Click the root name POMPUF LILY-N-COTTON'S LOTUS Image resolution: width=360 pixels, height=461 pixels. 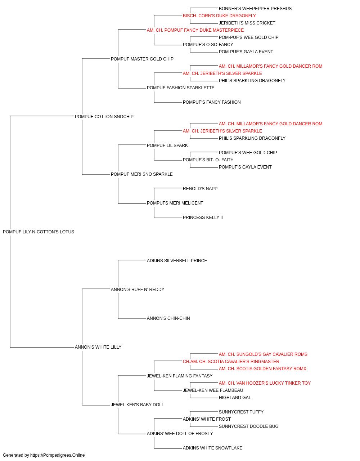(39, 232)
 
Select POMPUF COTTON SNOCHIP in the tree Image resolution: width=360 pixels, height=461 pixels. (104, 117)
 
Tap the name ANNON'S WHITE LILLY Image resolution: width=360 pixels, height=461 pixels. (98, 347)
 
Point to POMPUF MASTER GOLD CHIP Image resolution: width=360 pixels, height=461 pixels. (142, 59)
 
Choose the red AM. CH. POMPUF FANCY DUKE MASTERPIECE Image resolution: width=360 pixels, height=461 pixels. (195, 30)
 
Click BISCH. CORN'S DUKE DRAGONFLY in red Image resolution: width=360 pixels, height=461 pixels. (219, 16)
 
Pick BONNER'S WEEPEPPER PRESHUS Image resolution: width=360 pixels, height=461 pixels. (255, 9)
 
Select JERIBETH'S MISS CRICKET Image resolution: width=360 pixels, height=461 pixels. (247, 23)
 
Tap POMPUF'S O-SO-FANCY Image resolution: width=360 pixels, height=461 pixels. (208, 45)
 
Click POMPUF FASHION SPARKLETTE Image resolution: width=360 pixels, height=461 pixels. (181, 88)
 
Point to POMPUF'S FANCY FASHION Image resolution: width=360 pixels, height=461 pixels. (212, 102)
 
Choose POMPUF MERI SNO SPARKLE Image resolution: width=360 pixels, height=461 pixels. (141, 174)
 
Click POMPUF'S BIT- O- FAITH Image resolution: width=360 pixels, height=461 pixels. (208, 160)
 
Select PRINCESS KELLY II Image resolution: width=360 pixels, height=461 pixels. (203, 218)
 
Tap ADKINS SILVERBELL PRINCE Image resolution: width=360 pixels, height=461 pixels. (177, 261)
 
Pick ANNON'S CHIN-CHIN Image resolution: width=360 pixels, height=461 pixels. (168, 318)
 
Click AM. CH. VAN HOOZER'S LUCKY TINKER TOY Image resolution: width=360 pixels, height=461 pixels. (265, 383)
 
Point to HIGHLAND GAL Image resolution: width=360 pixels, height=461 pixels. (235, 398)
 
